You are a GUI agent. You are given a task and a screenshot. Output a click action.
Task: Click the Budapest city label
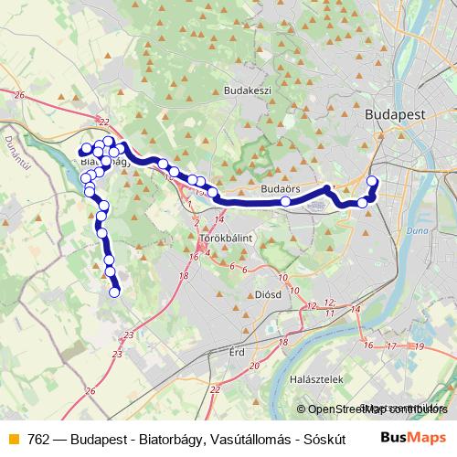(x=395, y=114)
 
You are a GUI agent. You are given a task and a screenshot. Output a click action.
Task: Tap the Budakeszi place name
(x=247, y=91)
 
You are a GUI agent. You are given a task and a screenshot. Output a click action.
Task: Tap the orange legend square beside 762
(x=13, y=437)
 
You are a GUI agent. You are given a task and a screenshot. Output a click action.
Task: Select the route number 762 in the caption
(x=39, y=437)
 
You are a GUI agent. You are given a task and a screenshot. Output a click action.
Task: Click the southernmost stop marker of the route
(x=116, y=292)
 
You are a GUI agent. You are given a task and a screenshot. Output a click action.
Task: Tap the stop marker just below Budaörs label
(x=286, y=201)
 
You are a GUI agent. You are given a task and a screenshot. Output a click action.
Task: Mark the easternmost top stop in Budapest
(x=372, y=180)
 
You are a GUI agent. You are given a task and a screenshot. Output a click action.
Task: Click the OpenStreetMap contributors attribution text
(x=374, y=409)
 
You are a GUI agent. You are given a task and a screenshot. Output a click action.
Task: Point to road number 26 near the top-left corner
(x=18, y=94)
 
